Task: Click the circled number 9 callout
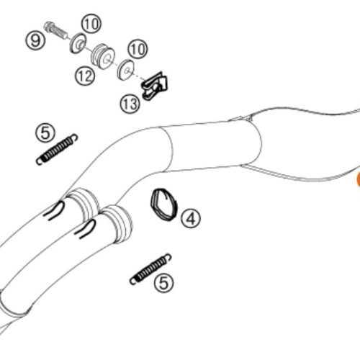[35, 40]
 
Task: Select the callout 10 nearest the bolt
[91, 24]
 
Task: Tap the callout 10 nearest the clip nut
[138, 49]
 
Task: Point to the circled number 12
[85, 76]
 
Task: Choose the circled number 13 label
[130, 104]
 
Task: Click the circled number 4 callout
[191, 218]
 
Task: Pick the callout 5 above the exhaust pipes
[45, 132]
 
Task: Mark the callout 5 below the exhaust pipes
[163, 283]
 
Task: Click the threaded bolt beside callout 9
[56, 30]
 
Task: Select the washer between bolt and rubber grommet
[78, 43]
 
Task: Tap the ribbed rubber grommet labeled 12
[103, 56]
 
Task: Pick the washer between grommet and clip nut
[125, 70]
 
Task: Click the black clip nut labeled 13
[154, 86]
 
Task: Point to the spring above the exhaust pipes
[57, 150]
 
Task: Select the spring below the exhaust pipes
[150, 269]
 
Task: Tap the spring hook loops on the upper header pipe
[55, 210]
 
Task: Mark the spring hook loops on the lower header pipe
[86, 229]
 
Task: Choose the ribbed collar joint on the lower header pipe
[117, 224]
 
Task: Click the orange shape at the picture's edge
[359, 179]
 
